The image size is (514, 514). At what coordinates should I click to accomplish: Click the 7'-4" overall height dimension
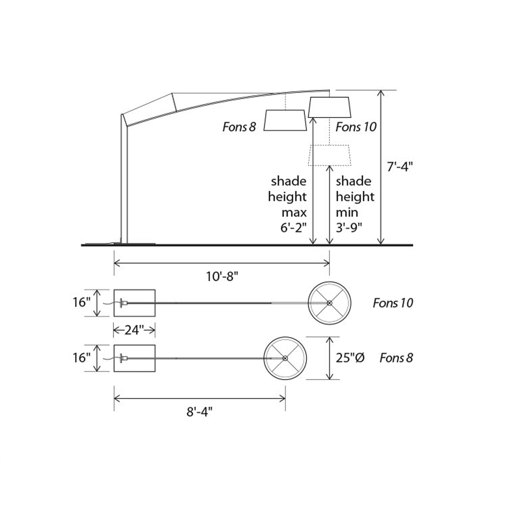pyautogui.click(x=400, y=167)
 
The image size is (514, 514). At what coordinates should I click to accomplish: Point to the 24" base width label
pyautogui.click(x=134, y=330)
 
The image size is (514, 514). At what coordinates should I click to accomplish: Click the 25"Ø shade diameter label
pyautogui.click(x=350, y=358)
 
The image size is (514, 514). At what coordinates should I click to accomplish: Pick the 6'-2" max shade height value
pyautogui.click(x=293, y=228)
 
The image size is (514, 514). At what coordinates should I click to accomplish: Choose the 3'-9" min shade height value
pyautogui.click(x=349, y=228)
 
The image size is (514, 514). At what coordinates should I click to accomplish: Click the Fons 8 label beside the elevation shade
pyautogui.click(x=239, y=127)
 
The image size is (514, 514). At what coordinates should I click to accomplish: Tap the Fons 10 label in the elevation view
pyautogui.click(x=356, y=127)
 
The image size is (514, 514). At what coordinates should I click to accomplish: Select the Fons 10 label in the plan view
pyautogui.click(x=393, y=303)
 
